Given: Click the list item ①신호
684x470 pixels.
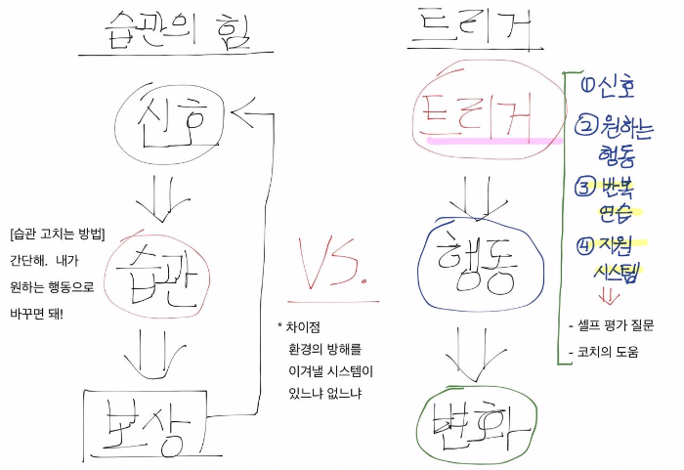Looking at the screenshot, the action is click(607, 89).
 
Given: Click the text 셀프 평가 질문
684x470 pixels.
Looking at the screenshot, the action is click(615, 325).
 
